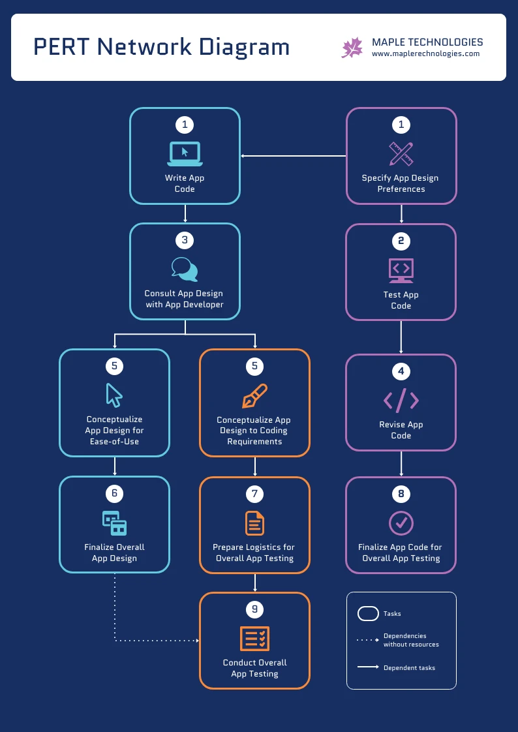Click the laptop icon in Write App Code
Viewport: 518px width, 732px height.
click(x=185, y=153)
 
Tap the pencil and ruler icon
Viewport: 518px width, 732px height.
click(x=401, y=154)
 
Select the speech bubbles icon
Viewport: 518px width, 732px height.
click(x=185, y=269)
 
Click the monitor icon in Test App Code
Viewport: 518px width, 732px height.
click(x=401, y=270)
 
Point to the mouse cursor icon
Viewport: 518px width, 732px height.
click(x=114, y=395)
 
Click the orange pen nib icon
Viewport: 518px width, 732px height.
click(x=254, y=396)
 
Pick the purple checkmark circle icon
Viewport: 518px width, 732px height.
click(x=401, y=523)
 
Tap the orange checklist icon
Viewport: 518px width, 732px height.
click(x=254, y=638)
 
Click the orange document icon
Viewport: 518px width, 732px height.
click(x=254, y=523)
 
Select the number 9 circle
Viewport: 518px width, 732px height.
click(x=254, y=609)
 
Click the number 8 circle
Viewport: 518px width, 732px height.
click(x=401, y=494)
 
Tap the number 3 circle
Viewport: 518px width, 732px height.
click(x=185, y=240)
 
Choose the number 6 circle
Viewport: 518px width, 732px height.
click(x=114, y=493)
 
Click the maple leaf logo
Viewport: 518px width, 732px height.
click(x=352, y=48)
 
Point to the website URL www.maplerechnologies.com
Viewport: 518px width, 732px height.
click(x=425, y=54)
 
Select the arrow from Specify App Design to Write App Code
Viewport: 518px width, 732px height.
click(x=294, y=156)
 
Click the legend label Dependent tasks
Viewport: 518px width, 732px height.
click(x=409, y=667)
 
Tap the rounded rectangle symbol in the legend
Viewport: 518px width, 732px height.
click(x=368, y=614)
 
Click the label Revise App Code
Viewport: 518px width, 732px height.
click(x=401, y=430)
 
